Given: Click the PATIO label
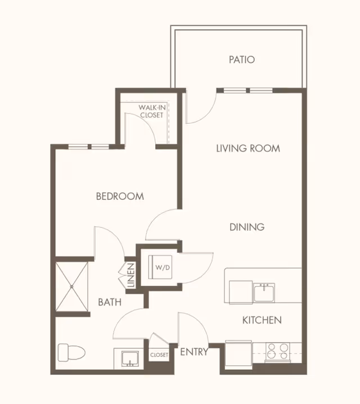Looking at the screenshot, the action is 242,60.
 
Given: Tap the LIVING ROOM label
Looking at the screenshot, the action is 248,149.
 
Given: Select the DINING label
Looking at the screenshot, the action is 247,227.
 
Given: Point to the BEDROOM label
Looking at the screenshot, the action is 120,196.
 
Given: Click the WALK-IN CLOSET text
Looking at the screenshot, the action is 152,111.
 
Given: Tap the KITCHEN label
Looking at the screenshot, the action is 262,320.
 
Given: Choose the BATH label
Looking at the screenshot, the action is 110,302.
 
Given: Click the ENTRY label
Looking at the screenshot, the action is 194,352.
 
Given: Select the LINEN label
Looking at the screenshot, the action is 131,276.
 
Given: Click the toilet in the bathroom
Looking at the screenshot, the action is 71,352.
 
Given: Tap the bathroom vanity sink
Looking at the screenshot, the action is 130,358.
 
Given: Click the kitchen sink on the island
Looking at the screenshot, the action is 264,292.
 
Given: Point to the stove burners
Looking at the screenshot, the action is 278,352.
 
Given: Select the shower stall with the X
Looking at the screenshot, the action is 72,286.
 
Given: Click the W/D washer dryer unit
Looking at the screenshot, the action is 160,267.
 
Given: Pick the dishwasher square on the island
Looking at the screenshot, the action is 241,292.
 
